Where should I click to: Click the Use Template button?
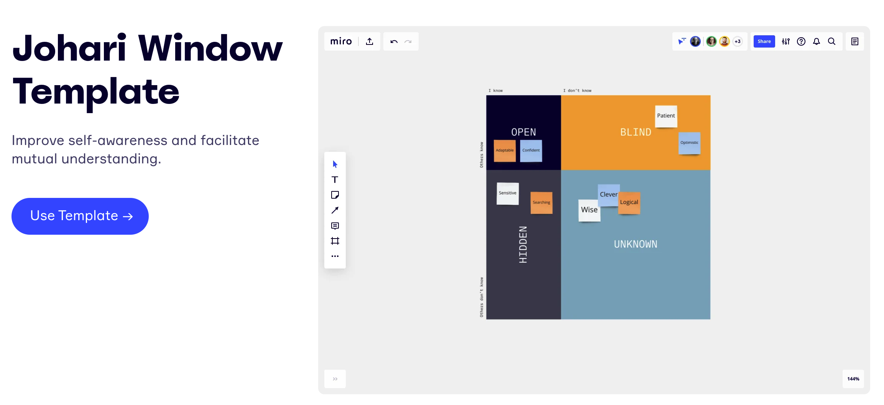80,216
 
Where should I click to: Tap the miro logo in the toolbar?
341,41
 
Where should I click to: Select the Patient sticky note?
666,116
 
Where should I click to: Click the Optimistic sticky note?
689,143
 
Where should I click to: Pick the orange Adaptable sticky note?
504,151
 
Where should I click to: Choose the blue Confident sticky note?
531,151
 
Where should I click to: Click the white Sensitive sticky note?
508,194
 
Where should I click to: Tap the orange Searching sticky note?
541,203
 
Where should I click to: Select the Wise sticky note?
589,211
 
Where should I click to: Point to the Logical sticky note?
629,203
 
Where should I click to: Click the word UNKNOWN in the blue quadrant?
636,244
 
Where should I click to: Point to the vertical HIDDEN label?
523,245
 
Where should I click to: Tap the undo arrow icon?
394,41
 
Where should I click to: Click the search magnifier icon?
831,41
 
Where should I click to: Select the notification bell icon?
817,41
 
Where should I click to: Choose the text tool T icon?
335,179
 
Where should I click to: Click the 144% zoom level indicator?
853,379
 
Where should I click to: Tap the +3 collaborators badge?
738,41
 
